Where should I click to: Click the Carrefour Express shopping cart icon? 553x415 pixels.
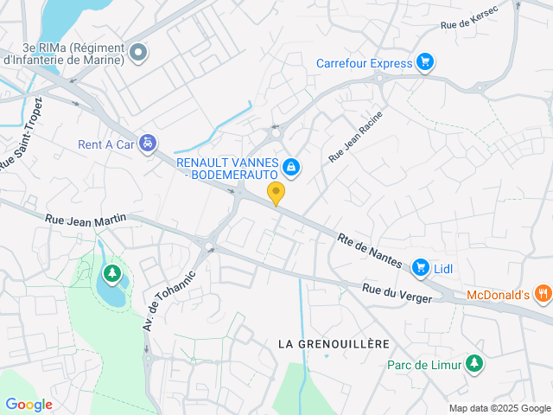[423, 61]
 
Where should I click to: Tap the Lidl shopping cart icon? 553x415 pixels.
[421, 267]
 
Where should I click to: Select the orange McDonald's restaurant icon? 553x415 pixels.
[543, 293]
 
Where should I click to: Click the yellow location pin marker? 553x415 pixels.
[276, 193]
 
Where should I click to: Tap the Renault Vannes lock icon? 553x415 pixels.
[291, 166]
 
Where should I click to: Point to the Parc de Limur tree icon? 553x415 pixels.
[473, 364]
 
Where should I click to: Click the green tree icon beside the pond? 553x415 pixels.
[111, 275]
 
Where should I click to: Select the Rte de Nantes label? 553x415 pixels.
[371, 249]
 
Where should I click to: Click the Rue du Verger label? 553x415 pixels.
[397, 293]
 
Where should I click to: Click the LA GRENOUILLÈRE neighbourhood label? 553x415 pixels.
[334, 344]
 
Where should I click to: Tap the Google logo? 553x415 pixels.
[29, 404]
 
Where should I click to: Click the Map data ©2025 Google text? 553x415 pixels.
[499, 408]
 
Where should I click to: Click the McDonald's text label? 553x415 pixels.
[497, 294]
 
